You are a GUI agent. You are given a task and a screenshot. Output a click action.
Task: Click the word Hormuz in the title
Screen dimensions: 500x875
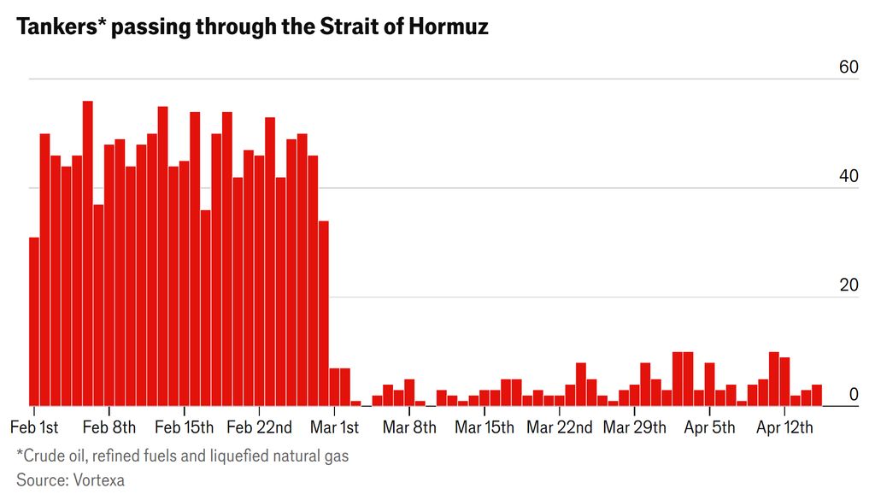[446, 26]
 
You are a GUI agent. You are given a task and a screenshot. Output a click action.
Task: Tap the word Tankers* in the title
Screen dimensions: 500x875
[56, 26]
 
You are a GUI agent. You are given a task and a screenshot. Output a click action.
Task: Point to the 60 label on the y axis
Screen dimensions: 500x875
[848, 68]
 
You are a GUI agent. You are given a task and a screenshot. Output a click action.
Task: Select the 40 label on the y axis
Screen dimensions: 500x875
[848, 177]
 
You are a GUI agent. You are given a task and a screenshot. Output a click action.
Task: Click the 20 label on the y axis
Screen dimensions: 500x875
[848, 285]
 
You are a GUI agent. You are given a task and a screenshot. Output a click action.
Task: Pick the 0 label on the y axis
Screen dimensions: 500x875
[853, 394]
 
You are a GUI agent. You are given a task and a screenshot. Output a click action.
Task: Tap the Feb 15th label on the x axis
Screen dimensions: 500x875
[185, 426]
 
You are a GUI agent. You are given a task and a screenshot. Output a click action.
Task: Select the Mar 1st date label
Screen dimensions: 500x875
[335, 426]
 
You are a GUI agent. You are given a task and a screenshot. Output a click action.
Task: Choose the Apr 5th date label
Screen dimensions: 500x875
[710, 426]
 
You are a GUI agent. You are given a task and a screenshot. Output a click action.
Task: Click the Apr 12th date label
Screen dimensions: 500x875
[785, 426]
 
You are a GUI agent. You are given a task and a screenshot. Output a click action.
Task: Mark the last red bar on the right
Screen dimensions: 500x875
[817, 396]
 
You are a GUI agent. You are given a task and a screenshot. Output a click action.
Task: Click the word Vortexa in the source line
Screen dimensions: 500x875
[96, 480]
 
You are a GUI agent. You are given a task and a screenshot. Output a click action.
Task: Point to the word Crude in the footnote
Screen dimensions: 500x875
[43, 456]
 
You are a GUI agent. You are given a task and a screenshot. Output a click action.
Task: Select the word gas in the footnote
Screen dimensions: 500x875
[336, 456]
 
